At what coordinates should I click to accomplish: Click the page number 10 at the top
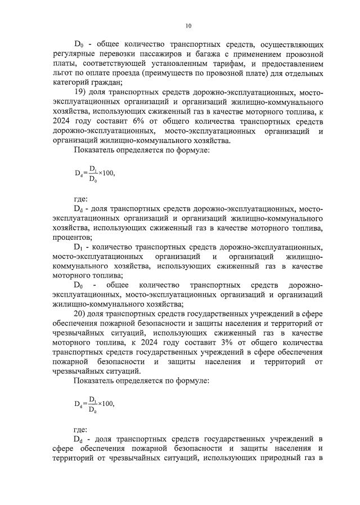coord(189,25)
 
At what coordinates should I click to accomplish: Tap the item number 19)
coord(81,92)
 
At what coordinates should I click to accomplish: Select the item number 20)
coord(81,314)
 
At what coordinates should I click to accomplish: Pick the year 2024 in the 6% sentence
coord(63,121)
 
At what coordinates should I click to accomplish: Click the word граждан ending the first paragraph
coord(108,83)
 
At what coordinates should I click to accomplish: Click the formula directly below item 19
coord(94,173)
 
